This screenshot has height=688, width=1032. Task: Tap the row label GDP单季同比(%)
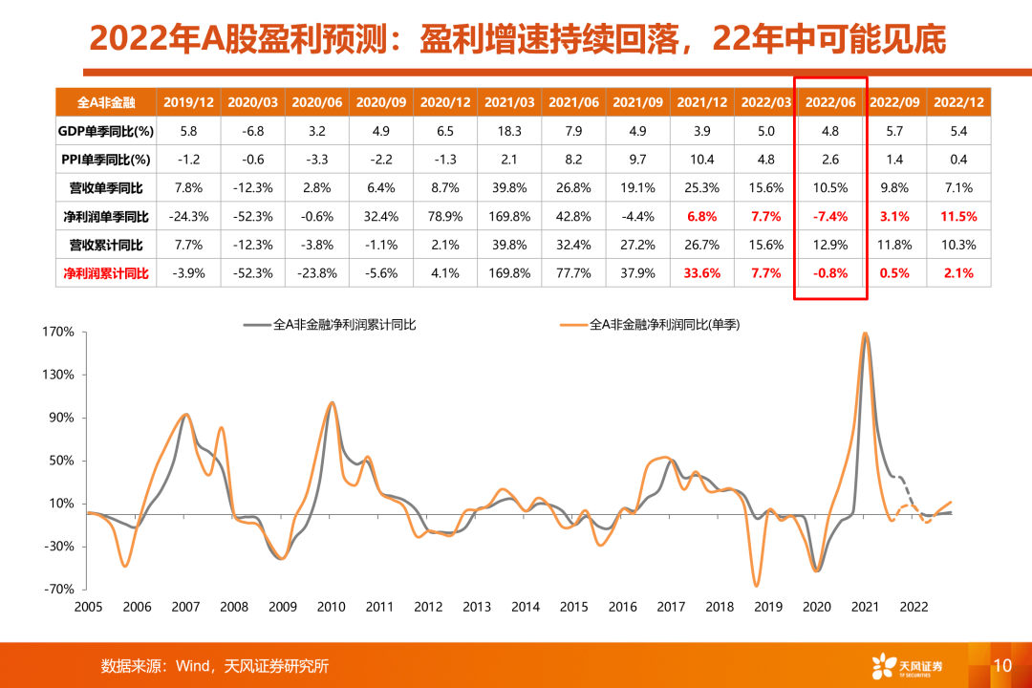[106, 131]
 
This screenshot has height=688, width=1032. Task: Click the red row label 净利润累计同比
[106, 273]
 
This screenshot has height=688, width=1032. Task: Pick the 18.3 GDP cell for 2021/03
[509, 131]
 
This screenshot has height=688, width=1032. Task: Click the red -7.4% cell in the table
[830, 217]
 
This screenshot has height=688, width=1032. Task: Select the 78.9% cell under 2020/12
[445, 217]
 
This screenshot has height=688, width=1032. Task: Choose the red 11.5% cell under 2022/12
[958, 217]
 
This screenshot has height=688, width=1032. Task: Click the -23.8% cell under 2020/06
[316, 273]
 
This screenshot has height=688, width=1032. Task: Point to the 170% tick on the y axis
[57, 333]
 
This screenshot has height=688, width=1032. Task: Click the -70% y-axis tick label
[57, 590]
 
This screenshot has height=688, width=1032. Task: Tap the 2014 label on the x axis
[525, 607]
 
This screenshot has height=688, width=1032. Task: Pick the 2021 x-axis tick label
[865, 607]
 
